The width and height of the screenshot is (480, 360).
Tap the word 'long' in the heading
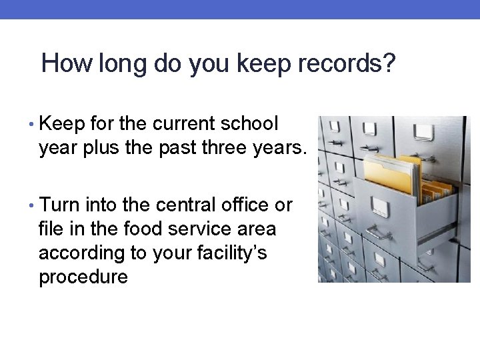117,64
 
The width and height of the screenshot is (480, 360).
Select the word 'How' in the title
67,64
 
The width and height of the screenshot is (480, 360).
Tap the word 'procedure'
83,276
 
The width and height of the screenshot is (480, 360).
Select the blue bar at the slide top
240,9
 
